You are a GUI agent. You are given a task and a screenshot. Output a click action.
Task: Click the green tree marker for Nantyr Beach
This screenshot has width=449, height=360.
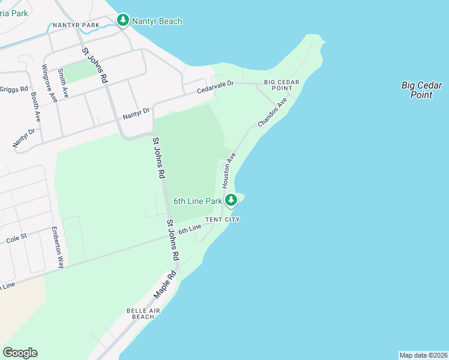coord(123,21)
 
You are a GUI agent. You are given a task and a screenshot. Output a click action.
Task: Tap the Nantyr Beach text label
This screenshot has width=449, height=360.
coord(157,22)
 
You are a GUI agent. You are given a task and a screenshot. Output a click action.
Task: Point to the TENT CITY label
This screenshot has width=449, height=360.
coord(223,220)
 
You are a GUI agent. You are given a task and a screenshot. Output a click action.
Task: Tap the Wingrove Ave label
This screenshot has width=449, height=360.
coord(50,84)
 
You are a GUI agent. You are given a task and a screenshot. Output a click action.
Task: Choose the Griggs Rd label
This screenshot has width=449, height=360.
coord(14,89)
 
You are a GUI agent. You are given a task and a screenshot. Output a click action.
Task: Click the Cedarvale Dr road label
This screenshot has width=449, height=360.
coord(215,88)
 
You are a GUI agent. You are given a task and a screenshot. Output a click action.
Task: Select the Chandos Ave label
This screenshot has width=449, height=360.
coord(273,112)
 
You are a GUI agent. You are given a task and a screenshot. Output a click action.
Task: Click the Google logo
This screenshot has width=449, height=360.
coord(20,353)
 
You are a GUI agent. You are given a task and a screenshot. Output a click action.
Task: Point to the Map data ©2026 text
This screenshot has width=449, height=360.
coord(424,355)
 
